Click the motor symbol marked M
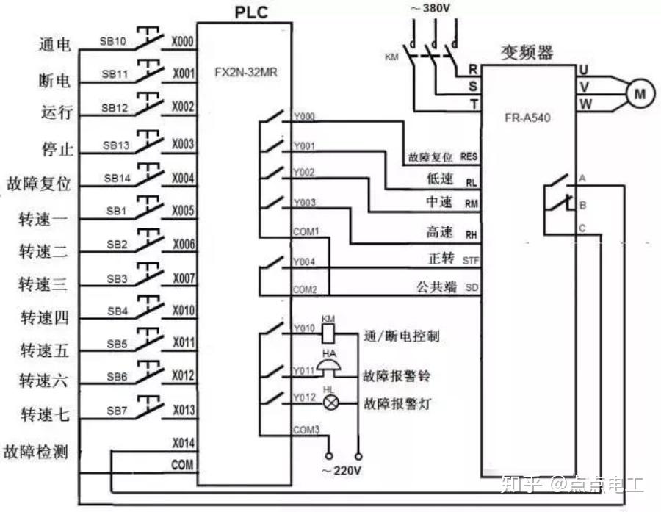[640, 93]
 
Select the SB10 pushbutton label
[112, 41]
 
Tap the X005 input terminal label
[183, 210]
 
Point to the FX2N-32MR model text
[246, 73]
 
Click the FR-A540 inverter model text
[527, 118]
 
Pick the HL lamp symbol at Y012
[330, 403]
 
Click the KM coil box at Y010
[329, 333]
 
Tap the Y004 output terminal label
[304, 262]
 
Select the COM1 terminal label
[306, 231]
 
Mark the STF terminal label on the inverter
[471, 261]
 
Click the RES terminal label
[469, 157]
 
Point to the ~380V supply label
[431, 8]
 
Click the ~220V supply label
[342, 471]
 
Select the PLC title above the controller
[251, 12]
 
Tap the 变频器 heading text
[527, 52]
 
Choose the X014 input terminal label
[183, 443]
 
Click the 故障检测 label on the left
[36, 452]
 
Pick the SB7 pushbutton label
[117, 411]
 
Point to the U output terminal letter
[584, 70]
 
